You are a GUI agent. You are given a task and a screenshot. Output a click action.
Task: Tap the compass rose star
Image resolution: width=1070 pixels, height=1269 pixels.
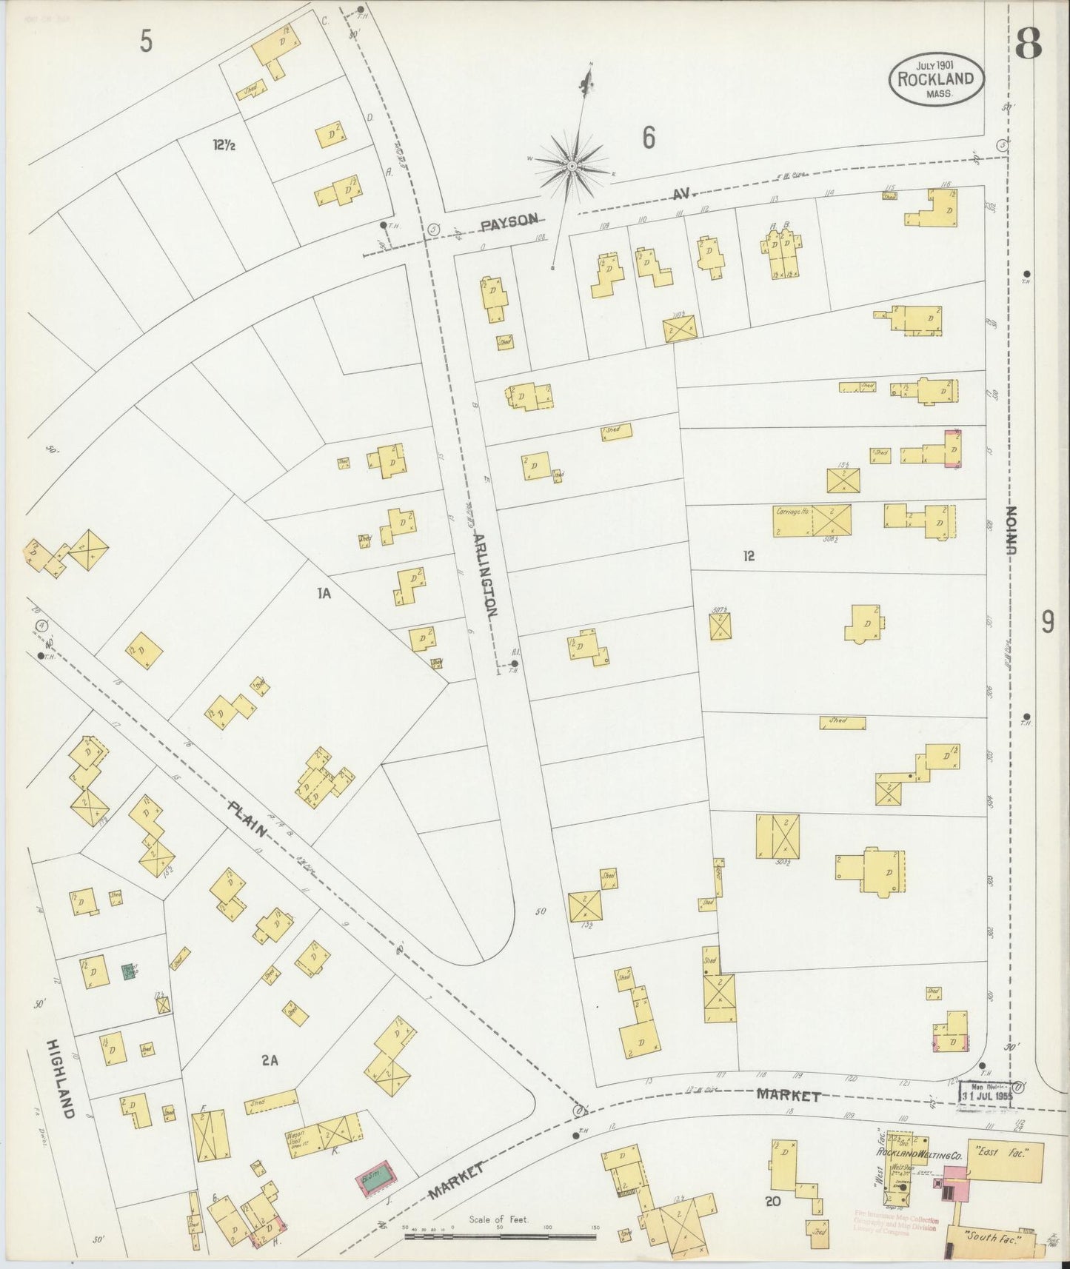point(571,167)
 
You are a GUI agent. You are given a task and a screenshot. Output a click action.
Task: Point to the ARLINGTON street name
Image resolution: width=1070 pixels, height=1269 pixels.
point(484,574)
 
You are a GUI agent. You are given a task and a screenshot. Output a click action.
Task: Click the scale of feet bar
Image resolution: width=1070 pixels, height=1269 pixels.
point(501,1232)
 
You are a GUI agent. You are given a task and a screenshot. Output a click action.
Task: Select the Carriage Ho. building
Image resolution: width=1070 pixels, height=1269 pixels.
point(812,521)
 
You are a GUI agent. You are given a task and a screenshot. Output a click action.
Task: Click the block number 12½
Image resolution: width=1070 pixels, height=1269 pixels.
point(224,146)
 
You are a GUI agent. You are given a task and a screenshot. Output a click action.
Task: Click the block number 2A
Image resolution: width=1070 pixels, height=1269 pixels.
point(270,1060)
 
